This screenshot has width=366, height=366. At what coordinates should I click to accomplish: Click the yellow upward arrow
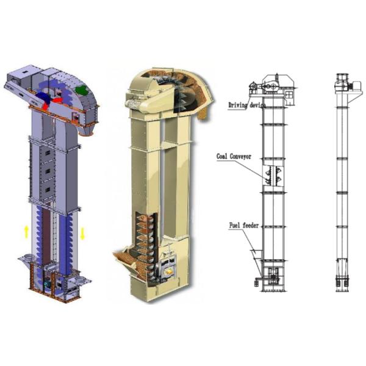click(x=27, y=232)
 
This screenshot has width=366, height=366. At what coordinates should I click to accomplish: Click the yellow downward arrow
click(x=82, y=233)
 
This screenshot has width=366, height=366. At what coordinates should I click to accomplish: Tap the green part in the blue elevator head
click(x=81, y=90)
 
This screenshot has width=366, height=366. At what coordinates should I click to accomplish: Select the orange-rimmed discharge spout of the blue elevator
click(x=85, y=130)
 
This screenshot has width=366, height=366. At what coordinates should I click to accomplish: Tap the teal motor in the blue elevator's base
click(x=48, y=284)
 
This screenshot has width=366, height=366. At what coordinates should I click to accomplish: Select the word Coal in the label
click(x=222, y=156)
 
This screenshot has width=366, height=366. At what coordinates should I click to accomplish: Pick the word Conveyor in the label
click(x=240, y=156)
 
